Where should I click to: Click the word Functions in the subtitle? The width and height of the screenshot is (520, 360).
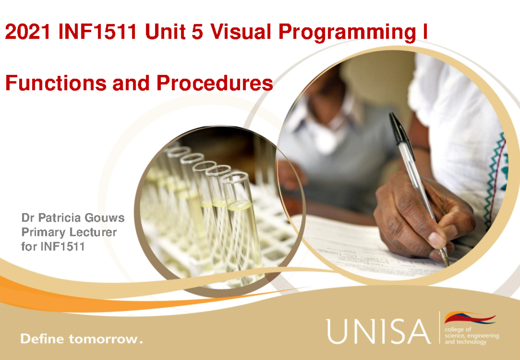click(55, 83)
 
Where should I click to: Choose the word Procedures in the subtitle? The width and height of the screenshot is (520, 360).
click(215, 83)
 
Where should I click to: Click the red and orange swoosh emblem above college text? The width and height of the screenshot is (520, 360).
click(470, 318)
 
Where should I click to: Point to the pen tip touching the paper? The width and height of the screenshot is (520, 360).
click(447, 263)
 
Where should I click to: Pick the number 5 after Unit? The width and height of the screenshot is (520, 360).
click(197, 33)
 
